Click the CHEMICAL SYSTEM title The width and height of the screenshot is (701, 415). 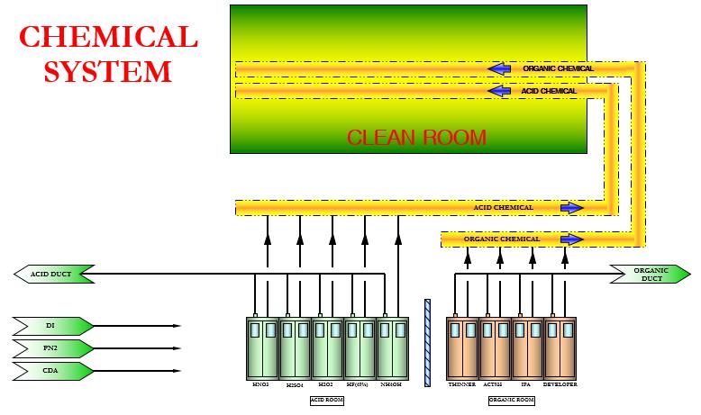[x=108, y=53]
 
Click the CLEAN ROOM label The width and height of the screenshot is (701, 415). [x=416, y=138]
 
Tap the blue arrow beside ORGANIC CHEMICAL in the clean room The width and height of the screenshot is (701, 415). [x=498, y=68]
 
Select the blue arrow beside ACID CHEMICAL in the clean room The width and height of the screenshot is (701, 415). [x=498, y=91]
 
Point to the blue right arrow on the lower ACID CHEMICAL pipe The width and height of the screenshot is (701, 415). [x=571, y=208]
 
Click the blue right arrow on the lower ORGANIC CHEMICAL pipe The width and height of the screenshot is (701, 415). [x=571, y=239]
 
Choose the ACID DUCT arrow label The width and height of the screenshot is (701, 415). [x=55, y=273]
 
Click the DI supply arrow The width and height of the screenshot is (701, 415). [x=53, y=325]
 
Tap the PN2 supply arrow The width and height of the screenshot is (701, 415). [x=53, y=348]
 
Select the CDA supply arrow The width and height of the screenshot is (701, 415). [x=53, y=371]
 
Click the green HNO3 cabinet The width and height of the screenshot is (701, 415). [x=262, y=347]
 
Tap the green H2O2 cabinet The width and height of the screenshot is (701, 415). [x=327, y=347]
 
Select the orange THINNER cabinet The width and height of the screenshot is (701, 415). [x=462, y=347]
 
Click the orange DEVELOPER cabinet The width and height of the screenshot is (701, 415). [x=560, y=347]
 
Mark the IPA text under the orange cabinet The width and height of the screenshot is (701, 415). [x=527, y=384]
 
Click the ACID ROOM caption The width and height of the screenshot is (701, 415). [x=327, y=398]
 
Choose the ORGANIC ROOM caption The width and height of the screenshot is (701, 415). [x=512, y=398]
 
